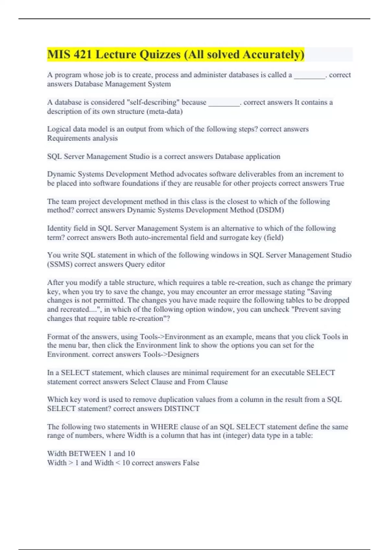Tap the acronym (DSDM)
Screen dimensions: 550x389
[270, 210]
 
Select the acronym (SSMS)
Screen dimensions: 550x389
[60, 264]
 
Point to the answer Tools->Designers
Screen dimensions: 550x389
[171, 355]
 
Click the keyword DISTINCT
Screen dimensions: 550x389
[182, 409]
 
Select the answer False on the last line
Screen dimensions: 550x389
[191, 463]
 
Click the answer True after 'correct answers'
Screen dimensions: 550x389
[337, 183]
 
